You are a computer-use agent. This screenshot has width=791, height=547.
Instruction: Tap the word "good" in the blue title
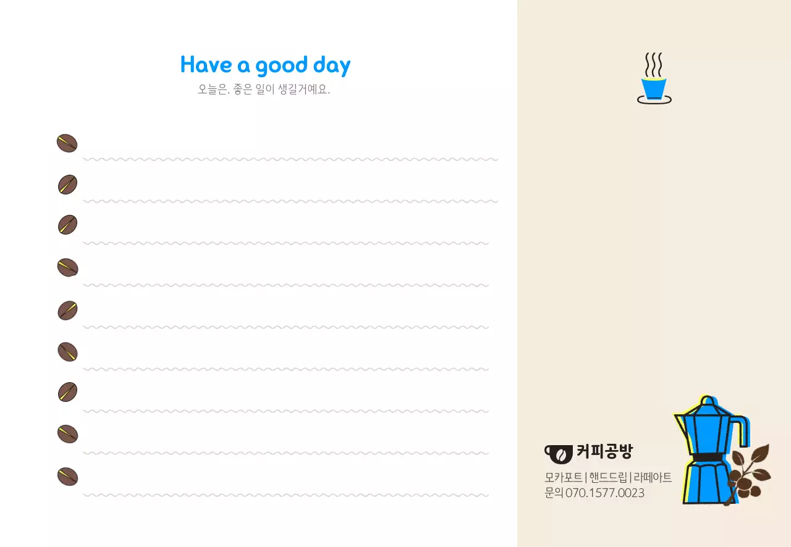tap(281, 65)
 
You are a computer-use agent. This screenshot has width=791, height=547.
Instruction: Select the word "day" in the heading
tap(332, 65)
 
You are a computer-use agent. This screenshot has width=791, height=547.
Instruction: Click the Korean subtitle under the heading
tap(264, 90)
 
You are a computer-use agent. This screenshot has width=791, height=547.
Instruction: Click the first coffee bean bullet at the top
tap(67, 143)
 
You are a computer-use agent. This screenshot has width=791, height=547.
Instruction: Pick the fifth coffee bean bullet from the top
tap(67, 311)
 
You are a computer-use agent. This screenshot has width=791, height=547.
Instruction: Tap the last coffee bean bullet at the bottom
tap(67, 477)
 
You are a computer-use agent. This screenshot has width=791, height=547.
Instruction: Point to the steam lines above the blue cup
tap(654, 64)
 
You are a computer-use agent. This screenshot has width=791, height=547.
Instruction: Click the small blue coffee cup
tap(653, 88)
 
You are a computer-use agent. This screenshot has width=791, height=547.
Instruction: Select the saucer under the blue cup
tap(654, 101)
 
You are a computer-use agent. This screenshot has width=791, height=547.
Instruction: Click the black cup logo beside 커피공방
tap(558, 453)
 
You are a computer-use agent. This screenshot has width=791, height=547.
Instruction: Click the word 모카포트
tap(563, 478)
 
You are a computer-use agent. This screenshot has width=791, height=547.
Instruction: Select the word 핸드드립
tap(608, 478)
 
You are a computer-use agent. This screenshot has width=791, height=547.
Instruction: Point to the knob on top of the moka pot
tap(708, 402)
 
